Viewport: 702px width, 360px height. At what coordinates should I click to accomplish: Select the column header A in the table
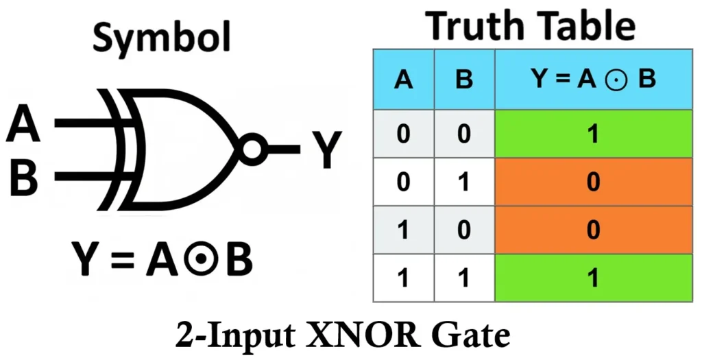(404, 80)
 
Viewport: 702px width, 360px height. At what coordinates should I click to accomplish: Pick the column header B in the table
(464, 80)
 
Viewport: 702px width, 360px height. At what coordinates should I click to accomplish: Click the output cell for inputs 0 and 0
(593, 134)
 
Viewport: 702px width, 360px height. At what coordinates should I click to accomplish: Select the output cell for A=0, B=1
(593, 182)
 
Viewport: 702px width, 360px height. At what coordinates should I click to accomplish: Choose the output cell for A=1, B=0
(593, 229)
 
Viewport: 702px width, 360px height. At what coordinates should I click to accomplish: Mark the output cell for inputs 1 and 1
(593, 278)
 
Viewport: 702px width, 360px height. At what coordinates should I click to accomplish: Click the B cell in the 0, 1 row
(464, 182)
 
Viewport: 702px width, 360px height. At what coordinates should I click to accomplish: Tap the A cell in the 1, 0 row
(404, 229)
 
